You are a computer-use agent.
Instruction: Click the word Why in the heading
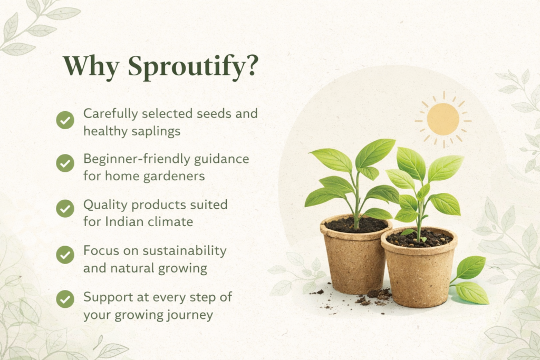[91, 66]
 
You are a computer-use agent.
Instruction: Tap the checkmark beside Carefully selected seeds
[65, 120]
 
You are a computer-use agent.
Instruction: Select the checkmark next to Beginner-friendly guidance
[65, 164]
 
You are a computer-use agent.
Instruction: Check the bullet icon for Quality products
[65, 209]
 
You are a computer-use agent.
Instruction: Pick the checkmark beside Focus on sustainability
[65, 255]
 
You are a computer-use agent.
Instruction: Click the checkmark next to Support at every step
[65, 299]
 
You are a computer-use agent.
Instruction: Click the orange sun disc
[443, 119]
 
